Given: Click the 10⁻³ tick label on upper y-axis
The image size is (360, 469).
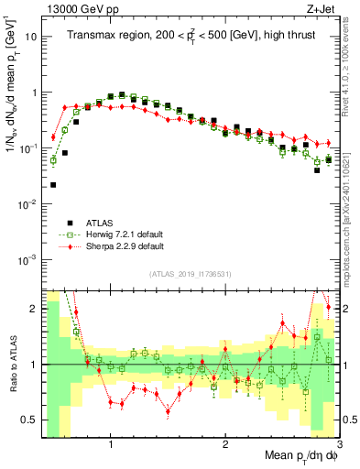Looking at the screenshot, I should tap(27, 259).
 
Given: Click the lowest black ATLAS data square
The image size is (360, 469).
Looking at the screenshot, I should tap(53, 184).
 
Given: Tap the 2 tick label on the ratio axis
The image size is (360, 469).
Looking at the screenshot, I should tap(32, 309).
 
